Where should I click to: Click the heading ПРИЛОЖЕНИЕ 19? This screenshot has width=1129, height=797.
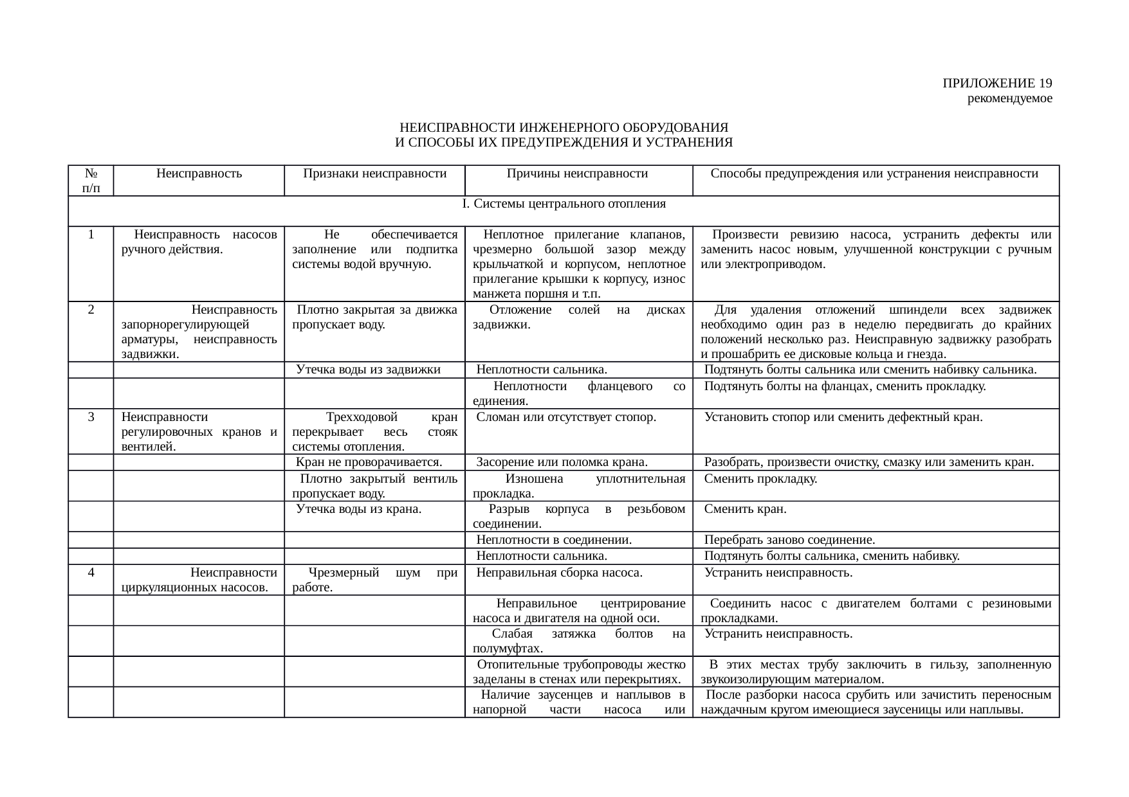click(x=997, y=84)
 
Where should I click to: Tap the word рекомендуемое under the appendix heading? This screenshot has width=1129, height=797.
click(x=1009, y=99)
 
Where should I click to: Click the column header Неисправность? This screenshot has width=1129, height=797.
click(x=199, y=173)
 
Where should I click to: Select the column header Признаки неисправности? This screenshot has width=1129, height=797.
click(x=374, y=173)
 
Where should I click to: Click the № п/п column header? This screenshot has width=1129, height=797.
click(x=91, y=180)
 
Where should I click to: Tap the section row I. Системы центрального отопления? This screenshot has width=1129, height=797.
click(x=563, y=204)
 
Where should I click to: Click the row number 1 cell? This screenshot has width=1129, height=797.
click(x=91, y=235)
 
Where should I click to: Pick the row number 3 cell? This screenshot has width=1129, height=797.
click(x=91, y=417)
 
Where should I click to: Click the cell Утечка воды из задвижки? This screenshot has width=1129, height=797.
click(x=368, y=370)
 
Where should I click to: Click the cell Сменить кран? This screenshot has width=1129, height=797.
click(x=745, y=510)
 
